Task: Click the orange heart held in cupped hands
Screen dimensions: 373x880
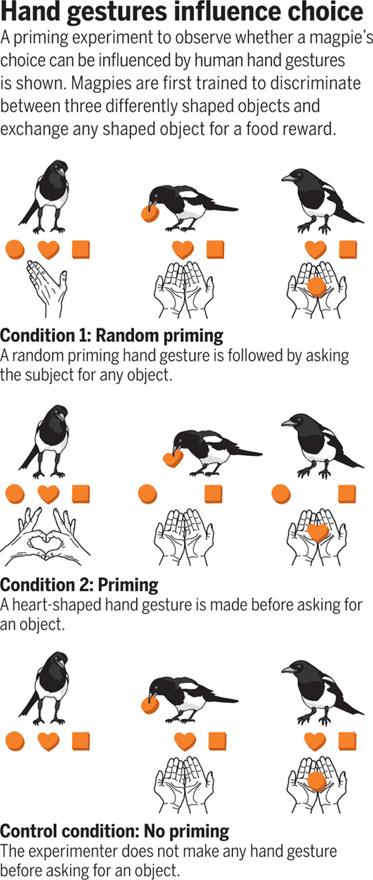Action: pyautogui.click(x=318, y=532)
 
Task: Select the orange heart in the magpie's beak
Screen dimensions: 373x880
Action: pyautogui.click(x=173, y=458)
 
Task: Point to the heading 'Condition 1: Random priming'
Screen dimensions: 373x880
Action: pyautogui.click(x=112, y=336)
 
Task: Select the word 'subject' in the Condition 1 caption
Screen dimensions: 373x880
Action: pyautogui.click(x=50, y=375)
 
